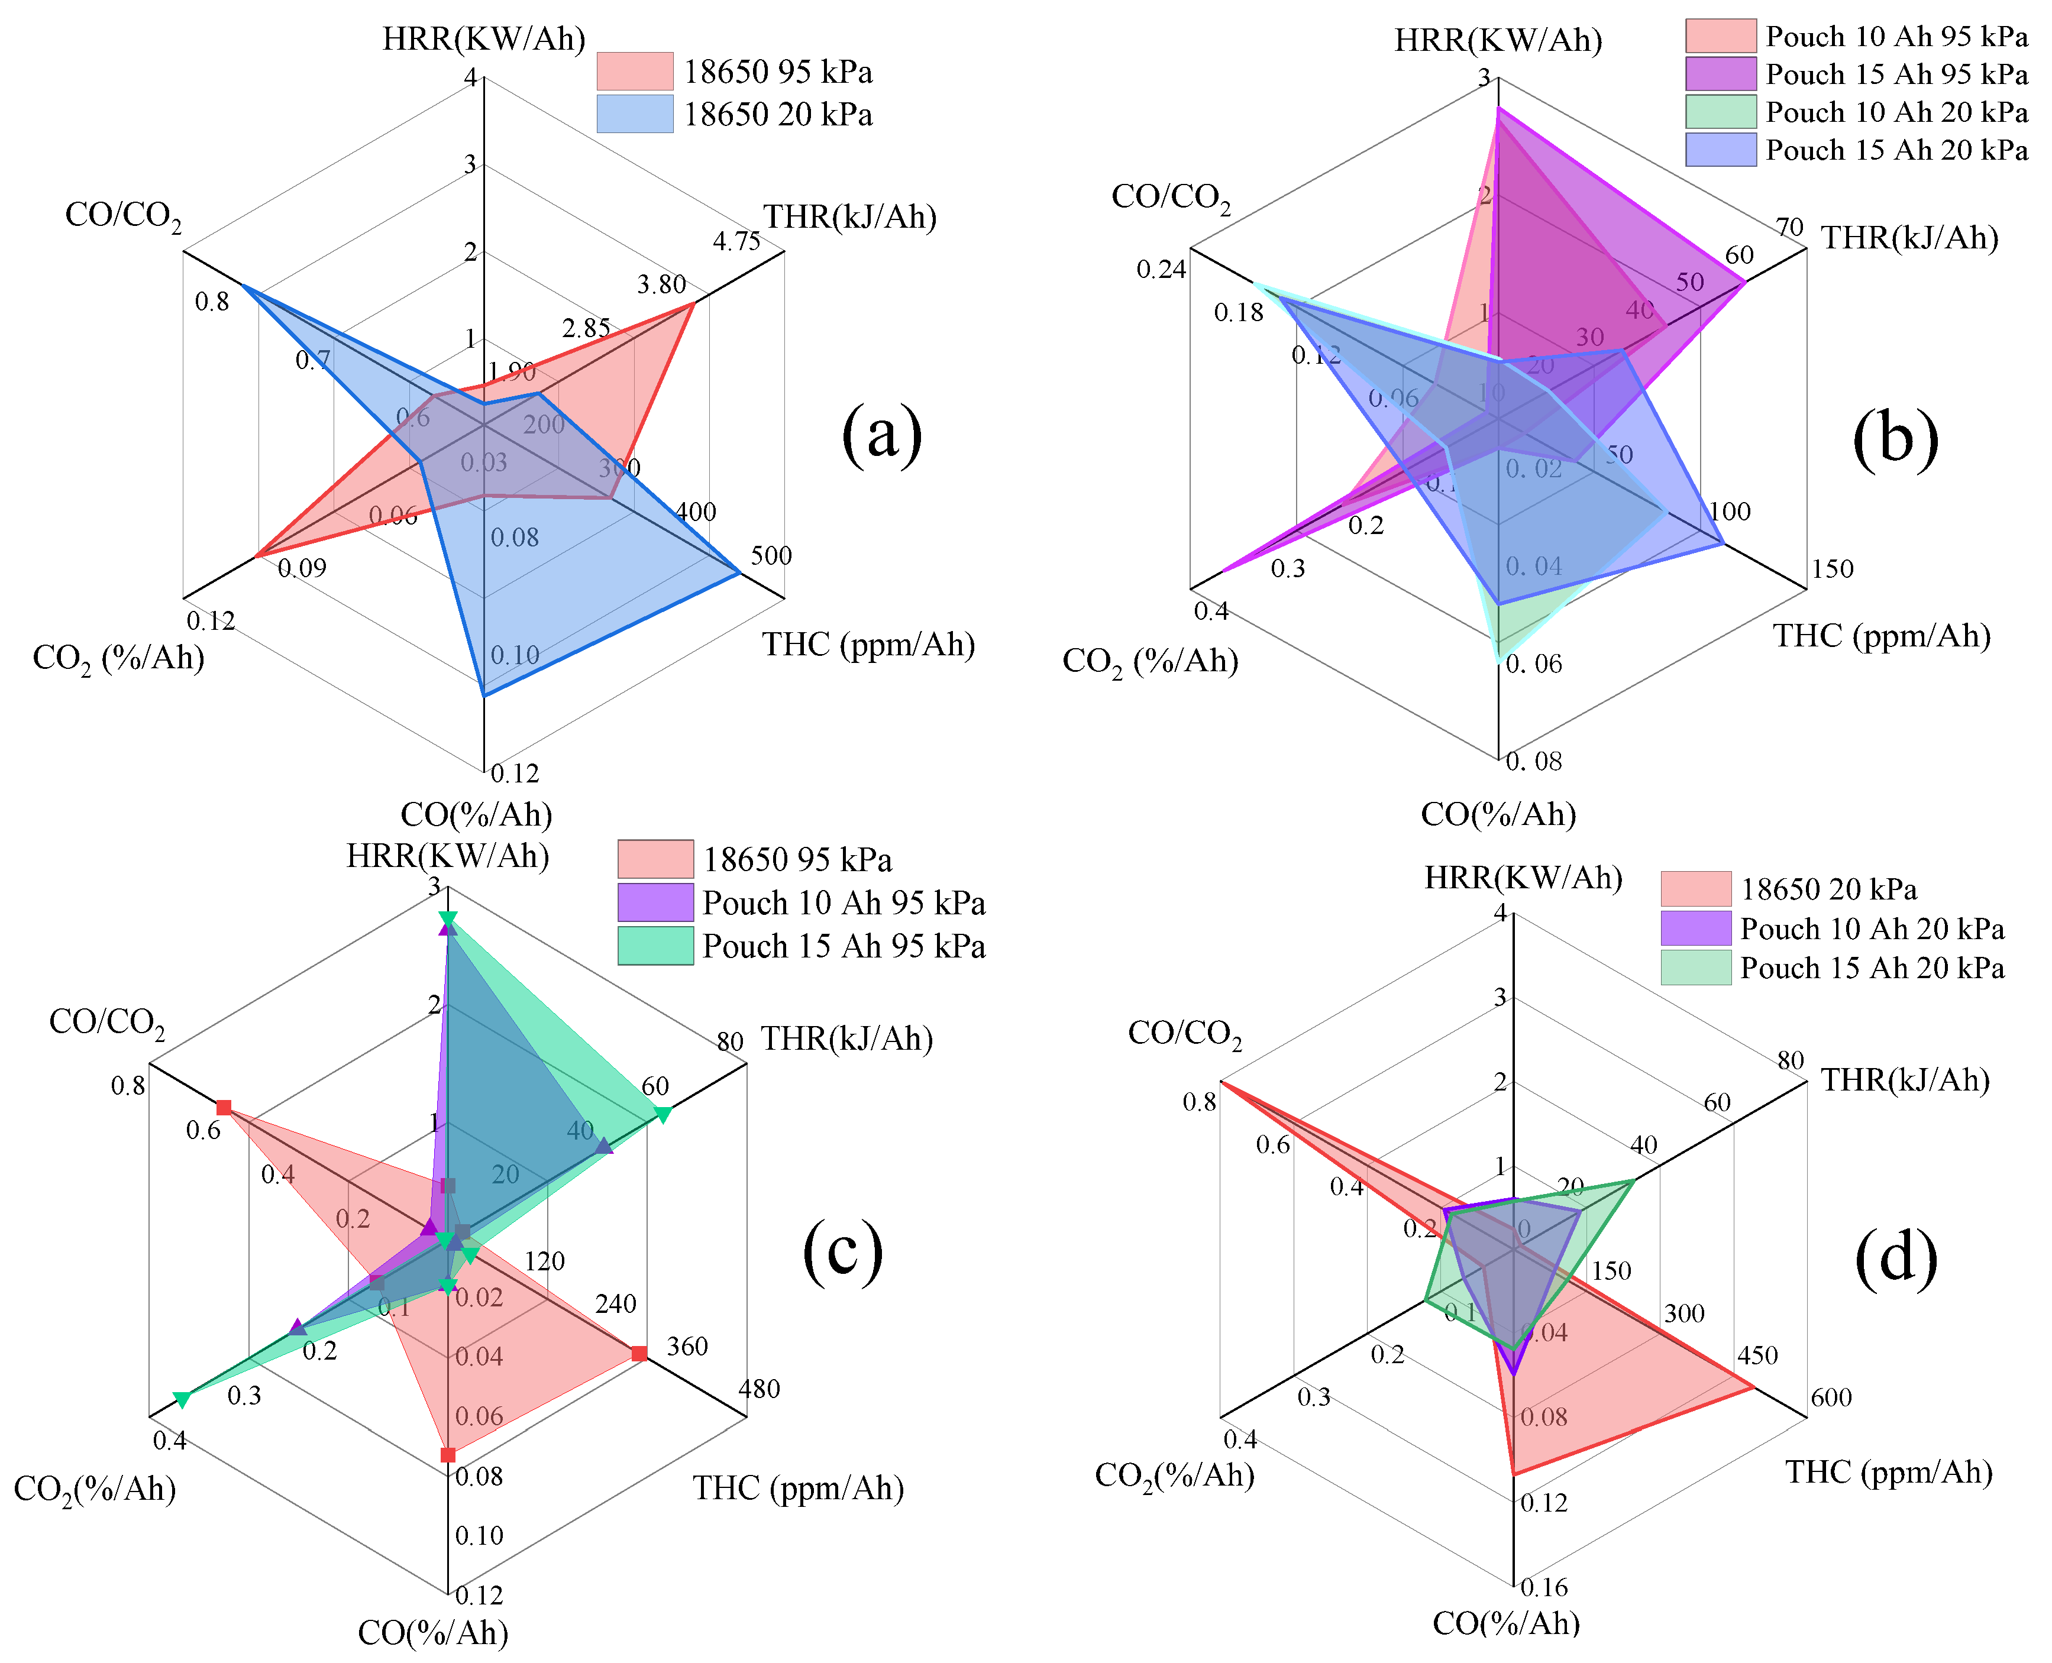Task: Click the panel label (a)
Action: pyautogui.click(x=881, y=436)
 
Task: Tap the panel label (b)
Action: pyautogui.click(x=1895, y=439)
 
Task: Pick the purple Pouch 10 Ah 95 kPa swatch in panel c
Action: pyautogui.click(x=655, y=902)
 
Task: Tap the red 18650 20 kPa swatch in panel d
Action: pyautogui.click(x=1696, y=889)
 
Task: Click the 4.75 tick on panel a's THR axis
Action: pyautogui.click(x=736, y=241)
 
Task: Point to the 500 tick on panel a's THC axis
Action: pyautogui.click(x=771, y=555)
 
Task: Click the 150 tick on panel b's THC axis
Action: pyautogui.click(x=1832, y=569)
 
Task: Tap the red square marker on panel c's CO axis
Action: pyautogui.click(x=447, y=1455)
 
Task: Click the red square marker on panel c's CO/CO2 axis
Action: pyautogui.click(x=223, y=1108)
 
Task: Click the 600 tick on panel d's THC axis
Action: pyautogui.click(x=1831, y=1397)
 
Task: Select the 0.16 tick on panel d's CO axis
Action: pyautogui.click(x=1544, y=1587)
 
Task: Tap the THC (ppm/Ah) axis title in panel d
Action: pyautogui.click(x=1888, y=1473)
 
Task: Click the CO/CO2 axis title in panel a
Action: pyautogui.click(x=122, y=215)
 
